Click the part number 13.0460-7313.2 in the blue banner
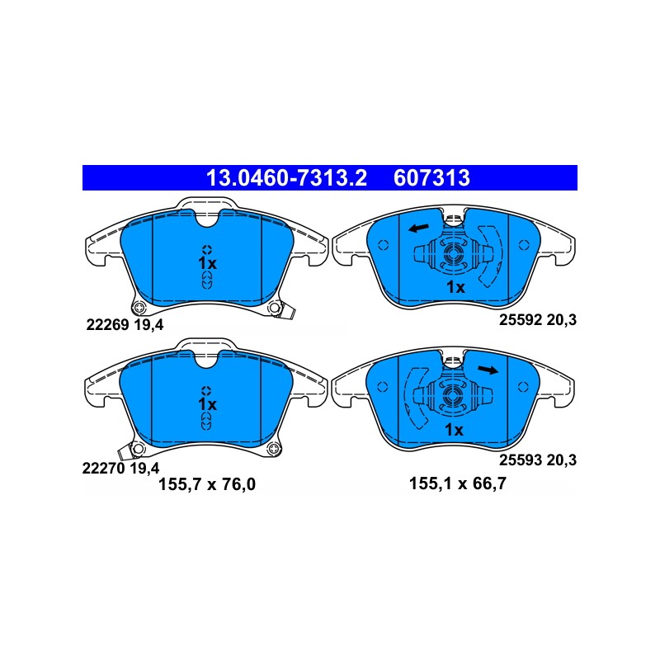point(286,177)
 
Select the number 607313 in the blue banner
point(431,177)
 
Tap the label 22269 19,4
point(125,325)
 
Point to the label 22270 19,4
point(120,468)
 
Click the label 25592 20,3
point(538,320)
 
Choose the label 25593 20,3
point(538,460)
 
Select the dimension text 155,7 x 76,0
point(207,484)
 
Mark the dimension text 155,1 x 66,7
point(458,483)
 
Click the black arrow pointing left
point(419,229)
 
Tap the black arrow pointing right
point(488,370)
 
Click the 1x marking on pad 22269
point(207,263)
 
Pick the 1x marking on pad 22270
point(207,404)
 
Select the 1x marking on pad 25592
point(455,287)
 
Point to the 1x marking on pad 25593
point(455,430)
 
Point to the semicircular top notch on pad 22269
point(207,219)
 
